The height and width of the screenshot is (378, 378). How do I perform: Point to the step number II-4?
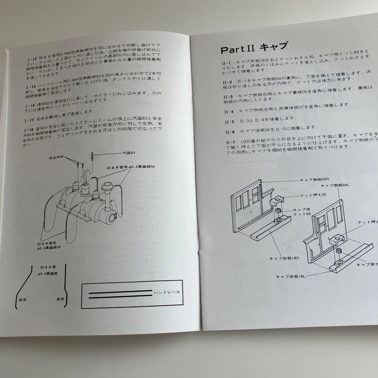coord(229,111)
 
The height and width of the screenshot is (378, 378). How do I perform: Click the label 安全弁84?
coord(56,157)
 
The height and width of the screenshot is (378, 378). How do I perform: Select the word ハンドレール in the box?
coord(167,292)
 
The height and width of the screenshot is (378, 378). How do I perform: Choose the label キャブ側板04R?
coord(314,180)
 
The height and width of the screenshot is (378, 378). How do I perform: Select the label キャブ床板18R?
coord(281,258)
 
